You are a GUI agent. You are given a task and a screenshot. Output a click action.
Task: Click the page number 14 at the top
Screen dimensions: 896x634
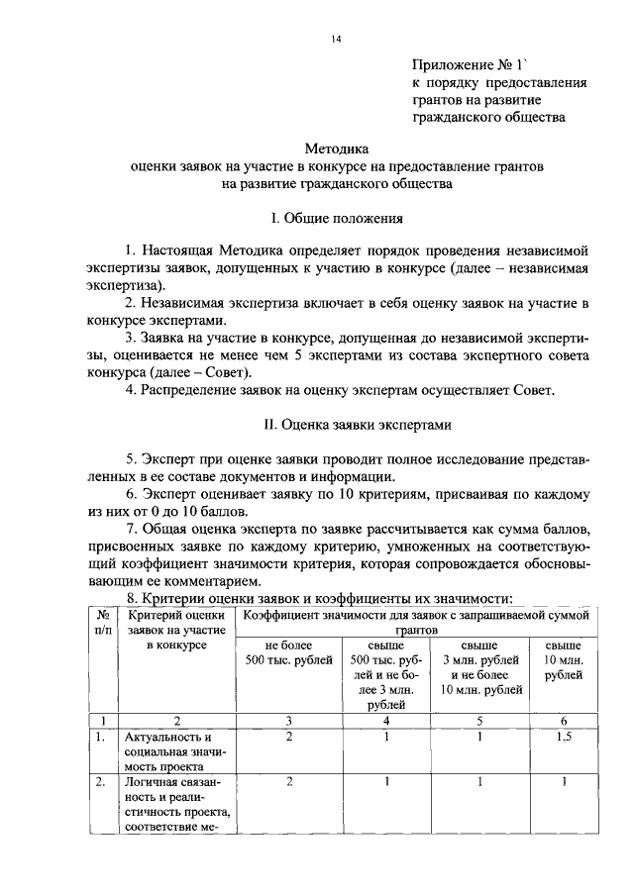coord(336,38)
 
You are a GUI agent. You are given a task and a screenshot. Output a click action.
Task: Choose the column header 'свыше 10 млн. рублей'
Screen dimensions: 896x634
coord(564,660)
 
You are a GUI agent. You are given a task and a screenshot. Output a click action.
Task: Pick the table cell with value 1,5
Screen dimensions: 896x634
coord(564,738)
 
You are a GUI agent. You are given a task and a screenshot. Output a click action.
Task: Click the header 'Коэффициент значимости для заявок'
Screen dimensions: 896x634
coord(416,615)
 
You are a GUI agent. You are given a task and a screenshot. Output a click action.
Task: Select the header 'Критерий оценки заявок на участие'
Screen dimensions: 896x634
coord(175,630)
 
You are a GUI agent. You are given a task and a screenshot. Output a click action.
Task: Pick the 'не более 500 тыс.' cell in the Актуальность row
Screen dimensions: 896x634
coord(288,738)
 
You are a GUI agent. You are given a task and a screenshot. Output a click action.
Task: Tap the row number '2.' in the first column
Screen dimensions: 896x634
coord(100,781)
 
